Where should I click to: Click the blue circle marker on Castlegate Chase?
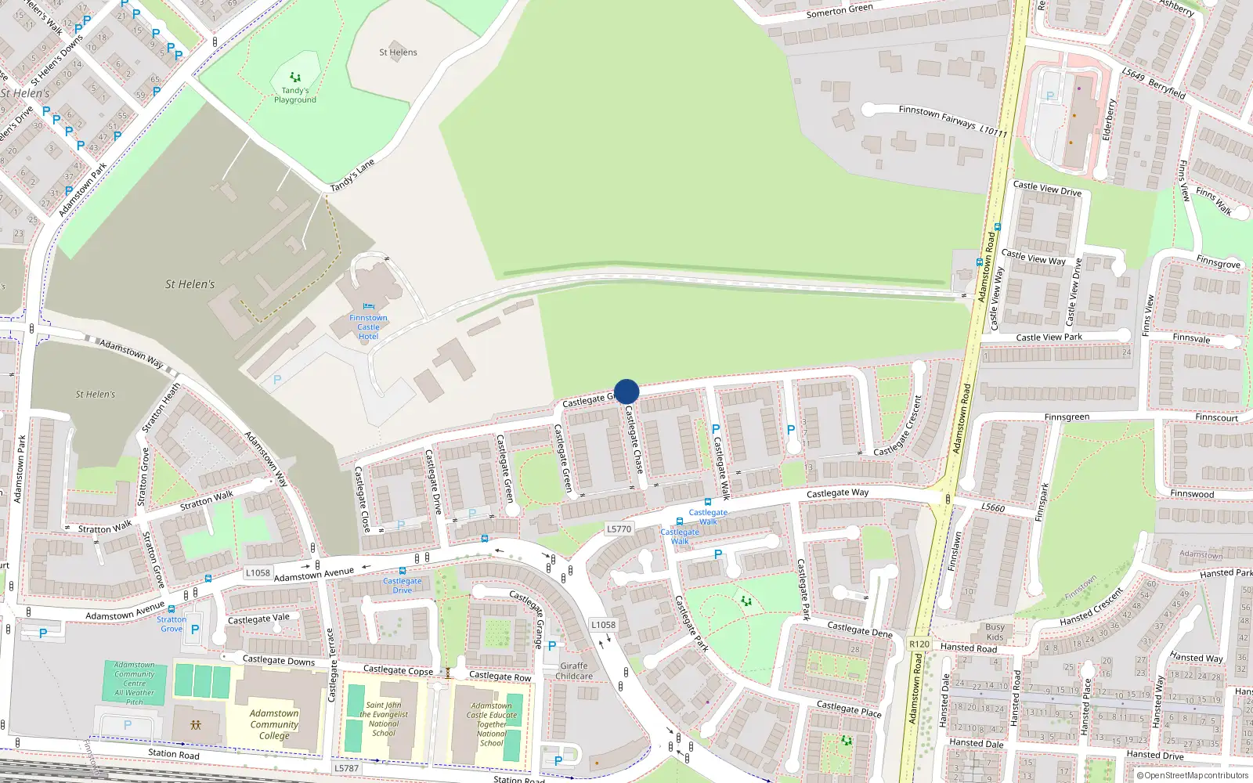tap(626, 391)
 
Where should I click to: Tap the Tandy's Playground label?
tap(295, 95)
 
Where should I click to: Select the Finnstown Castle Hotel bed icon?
tap(369, 307)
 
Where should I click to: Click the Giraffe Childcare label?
tap(574, 671)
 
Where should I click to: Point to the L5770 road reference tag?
tap(619, 529)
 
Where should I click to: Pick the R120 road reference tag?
tap(919, 644)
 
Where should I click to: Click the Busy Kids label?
tap(995, 632)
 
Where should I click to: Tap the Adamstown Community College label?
tap(274, 724)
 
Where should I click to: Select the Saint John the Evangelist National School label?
tap(384, 719)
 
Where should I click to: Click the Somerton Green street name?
tap(840, 11)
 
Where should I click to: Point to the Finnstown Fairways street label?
tap(937, 117)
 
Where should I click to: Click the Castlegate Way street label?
tap(837, 493)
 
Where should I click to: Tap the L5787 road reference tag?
tap(346, 768)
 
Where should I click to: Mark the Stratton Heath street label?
tap(161, 407)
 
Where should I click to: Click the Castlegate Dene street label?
tap(860, 630)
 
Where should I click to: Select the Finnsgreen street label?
tap(1067, 417)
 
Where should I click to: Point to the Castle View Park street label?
tap(1049, 337)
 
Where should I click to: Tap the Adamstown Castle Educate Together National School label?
tap(492, 724)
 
